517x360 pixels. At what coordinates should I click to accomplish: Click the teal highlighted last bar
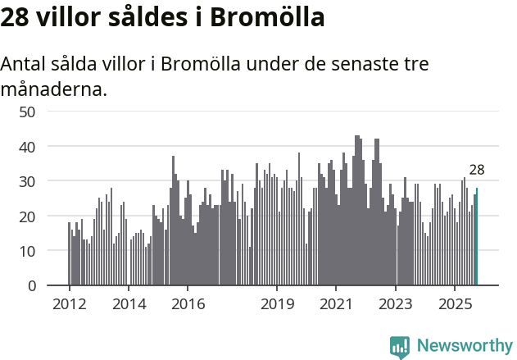(477, 237)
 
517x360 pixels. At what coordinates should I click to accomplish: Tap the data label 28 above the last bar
(477, 171)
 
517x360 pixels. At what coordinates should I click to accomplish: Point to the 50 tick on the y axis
(27, 112)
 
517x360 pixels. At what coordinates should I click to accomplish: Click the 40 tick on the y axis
(27, 147)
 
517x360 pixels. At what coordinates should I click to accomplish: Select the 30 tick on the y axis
(27, 181)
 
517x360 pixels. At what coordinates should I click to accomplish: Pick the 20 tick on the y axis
(27, 216)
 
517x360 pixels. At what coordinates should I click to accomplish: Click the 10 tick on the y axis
(27, 251)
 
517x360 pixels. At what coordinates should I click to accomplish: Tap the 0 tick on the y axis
(31, 286)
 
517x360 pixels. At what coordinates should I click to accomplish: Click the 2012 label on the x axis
(69, 304)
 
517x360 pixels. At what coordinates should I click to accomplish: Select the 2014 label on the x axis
(129, 304)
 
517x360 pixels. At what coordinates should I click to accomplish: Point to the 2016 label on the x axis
(188, 304)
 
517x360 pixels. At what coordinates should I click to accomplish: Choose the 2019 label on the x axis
(277, 304)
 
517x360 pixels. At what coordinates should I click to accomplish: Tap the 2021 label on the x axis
(336, 304)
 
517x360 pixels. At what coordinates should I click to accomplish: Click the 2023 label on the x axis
(396, 304)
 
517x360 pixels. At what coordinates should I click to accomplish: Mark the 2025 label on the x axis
(455, 304)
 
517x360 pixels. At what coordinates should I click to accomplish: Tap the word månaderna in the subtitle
(54, 89)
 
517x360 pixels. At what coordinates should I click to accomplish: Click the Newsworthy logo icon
(400, 346)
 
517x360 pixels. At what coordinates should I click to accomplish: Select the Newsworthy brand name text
(465, 346)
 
